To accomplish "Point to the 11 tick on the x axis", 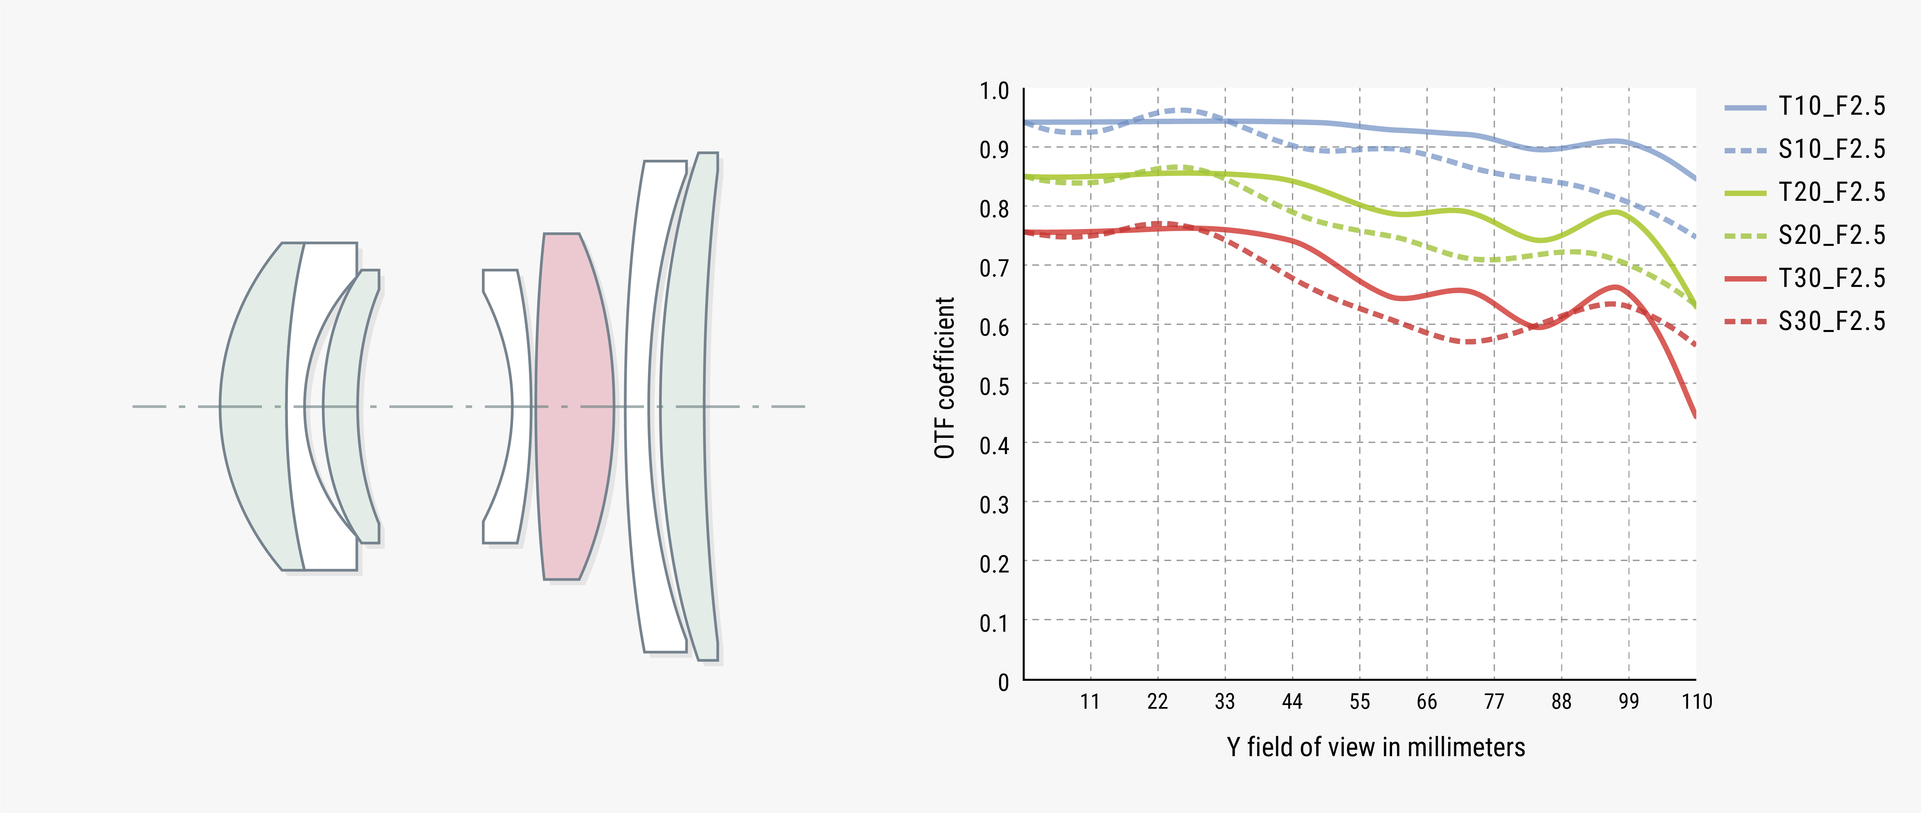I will tap(1089, 702).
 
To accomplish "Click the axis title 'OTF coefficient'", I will tap(944, 377).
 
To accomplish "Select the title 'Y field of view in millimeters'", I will tap(1376, 747).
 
